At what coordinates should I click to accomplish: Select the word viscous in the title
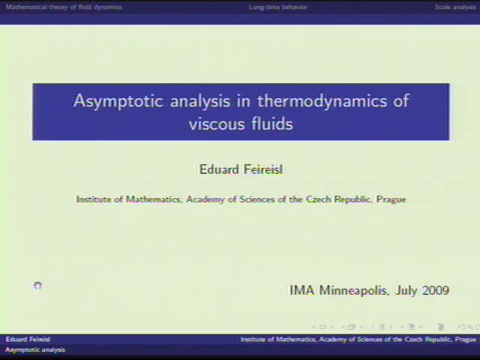click(x=212, y=124)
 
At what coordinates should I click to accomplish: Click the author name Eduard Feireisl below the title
click(x=241, y=169)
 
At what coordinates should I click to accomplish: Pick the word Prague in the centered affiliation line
click(x=391, y=199)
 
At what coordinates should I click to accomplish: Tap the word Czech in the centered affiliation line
click(x=319, y=199)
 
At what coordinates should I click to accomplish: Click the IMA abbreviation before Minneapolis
click(x=302, y=290)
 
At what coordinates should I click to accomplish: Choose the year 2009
click(x=435, y=290)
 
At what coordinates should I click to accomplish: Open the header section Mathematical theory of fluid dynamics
click(x=64, y=7)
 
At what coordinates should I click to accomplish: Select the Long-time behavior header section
click(x=278, y=7)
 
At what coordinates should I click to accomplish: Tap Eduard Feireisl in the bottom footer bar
click(x=28, y=340)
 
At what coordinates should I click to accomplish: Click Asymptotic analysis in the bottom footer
click(x=35, y=350)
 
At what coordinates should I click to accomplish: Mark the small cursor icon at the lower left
click(x=37, y=286)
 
